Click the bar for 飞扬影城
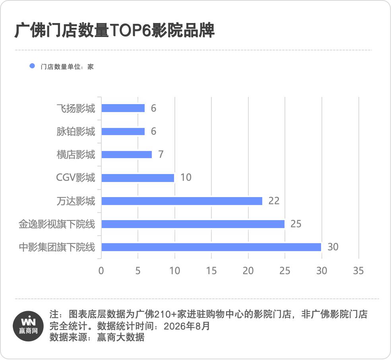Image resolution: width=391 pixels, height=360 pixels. pos(123,108)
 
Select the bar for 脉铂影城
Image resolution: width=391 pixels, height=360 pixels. pos(123,132)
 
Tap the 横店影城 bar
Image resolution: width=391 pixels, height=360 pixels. pos(127,154)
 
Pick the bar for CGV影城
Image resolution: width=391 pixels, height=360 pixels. pos(138,178)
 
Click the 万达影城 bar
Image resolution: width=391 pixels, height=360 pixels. pos(182,201)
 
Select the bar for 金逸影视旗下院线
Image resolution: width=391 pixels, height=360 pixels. pos(193,224)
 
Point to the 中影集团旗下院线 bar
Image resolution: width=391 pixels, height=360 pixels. pos(211,247)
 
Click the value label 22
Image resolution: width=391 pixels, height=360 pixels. pos(274,201)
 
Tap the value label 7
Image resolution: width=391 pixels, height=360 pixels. pos(161,154)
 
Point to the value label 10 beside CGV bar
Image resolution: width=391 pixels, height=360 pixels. pos(186,178)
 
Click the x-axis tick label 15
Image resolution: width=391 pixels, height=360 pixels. pos(211,271)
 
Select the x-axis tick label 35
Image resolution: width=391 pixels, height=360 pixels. pos(358,271)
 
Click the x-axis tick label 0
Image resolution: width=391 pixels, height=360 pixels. pos(101,271)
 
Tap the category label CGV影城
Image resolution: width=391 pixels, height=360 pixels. pos(75,178)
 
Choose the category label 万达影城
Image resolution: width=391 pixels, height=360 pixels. pos(76,201)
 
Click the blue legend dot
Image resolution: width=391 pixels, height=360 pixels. pos(32,66)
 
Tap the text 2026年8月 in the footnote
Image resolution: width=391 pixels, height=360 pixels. pos(187,326)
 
